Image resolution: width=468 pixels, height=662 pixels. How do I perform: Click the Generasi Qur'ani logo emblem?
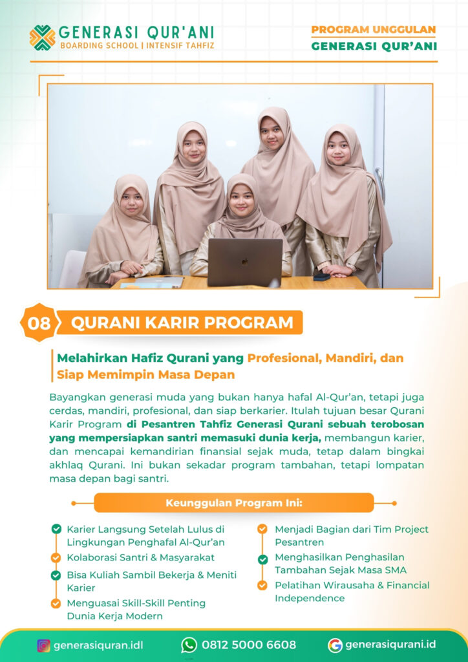(42, 37)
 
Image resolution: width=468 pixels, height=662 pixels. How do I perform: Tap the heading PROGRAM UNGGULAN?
(373, 30)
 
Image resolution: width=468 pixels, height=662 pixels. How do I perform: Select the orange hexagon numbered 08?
(39, 323)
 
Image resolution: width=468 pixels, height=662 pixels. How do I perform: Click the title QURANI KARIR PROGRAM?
(182, 322)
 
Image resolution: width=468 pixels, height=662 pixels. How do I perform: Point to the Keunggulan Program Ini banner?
(234, 502)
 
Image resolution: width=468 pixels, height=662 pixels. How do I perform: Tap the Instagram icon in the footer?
(43, 645)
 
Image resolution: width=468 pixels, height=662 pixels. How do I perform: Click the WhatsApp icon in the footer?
(189, 645)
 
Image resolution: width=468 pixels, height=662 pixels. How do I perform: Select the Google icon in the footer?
(335, 645)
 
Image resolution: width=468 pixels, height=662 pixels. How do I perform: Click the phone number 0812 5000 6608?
(249, 645)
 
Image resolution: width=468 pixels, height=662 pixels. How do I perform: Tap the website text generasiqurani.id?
(390, 645)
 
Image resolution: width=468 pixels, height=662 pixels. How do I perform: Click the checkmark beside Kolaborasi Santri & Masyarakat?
(56, 557)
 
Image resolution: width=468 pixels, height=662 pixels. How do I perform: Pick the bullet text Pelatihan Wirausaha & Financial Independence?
(352, 592)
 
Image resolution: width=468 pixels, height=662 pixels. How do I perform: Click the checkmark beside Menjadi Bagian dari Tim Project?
(262, 529)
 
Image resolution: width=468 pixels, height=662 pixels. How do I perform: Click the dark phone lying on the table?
(321, 277)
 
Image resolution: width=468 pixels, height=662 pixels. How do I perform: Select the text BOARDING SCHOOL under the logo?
(99, 46)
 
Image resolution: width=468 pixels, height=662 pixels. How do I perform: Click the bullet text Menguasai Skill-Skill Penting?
(136, 603)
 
